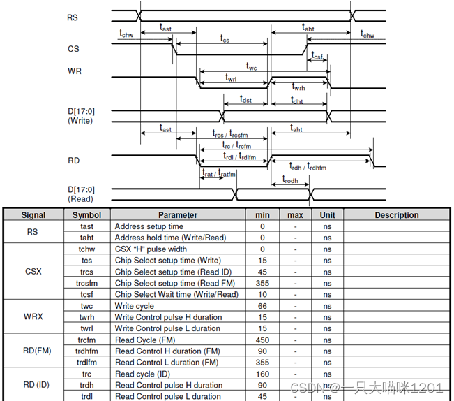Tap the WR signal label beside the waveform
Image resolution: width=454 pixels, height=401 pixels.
(75, 71)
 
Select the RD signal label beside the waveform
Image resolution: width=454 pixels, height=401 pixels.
(73, 160)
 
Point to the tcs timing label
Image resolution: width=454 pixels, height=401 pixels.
(225, 40)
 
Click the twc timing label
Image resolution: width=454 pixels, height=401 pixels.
(252, 66)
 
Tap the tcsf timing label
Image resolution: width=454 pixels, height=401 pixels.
(317, 56)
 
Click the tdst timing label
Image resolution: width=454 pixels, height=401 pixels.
(245, 101)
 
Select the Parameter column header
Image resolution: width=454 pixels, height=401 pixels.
(178, 215)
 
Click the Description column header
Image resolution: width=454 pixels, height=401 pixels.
(397, 215)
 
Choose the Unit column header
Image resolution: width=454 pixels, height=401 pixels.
(327, 215)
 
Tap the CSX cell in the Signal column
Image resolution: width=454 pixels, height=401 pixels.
(33, 271)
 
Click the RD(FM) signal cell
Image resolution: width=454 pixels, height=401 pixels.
(33, 351)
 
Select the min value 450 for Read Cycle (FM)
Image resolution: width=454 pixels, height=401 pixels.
(262, 340)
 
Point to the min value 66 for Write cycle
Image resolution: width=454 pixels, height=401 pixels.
(262, 305)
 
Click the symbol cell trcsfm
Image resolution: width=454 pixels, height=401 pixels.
(86, 283)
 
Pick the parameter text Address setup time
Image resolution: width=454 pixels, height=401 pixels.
(149, 226)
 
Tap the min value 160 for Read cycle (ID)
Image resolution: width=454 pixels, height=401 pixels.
(262, 374)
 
